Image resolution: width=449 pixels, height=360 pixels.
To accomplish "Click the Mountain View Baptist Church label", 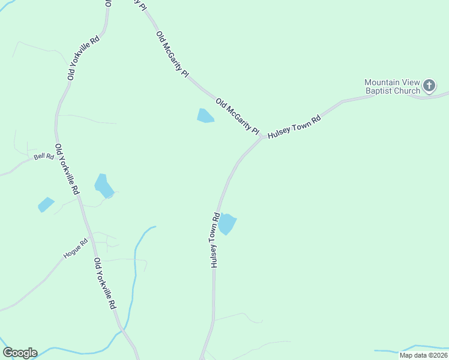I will tap(393, 86).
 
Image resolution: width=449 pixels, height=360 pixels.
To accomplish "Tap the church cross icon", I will tap(429, 86).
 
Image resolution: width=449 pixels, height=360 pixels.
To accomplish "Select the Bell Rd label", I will tap(44, 157).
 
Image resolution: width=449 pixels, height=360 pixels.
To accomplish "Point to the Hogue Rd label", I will tap(76, 248).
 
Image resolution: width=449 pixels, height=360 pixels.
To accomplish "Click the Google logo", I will tap(20, 353).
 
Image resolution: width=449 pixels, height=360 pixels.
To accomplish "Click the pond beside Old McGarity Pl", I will tap(205, 115).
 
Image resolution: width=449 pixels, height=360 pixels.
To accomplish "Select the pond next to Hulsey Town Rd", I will tap(227, 224).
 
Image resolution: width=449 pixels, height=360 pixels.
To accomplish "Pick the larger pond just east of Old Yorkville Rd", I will tap(103, 185).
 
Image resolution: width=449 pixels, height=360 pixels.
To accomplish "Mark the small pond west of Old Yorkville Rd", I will tap(46, 205).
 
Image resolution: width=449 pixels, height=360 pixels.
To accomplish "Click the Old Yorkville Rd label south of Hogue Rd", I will tap(104, 283).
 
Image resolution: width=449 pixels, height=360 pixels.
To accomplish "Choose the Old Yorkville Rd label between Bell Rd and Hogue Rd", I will tap(67, 169).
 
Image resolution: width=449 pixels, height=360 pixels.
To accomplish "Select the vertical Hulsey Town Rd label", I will tap(214, 240).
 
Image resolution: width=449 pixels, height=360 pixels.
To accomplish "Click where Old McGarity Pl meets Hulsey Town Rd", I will tap(262, 137).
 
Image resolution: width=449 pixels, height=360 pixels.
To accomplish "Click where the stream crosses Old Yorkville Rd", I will tap(122, 329).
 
